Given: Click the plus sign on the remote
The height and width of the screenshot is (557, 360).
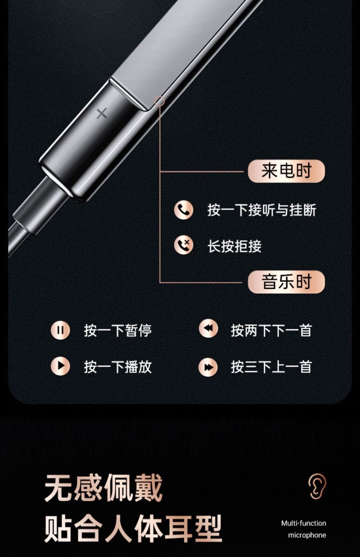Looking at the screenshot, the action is click(102, 114).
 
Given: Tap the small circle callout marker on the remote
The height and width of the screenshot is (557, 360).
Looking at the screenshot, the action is click(159, 101).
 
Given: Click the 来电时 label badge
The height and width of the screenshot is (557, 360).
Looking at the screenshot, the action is click(286, 171).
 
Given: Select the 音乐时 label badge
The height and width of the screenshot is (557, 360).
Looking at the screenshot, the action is click(286, 282).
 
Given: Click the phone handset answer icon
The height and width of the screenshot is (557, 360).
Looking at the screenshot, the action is click(184, 210).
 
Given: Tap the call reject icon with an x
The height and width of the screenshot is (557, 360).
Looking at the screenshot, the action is click(184, 246).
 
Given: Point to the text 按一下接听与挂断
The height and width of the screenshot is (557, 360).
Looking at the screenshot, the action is click(262, 210).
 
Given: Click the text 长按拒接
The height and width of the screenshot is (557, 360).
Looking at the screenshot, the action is click(234, 246).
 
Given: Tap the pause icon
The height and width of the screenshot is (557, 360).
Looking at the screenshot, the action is click(60, 330).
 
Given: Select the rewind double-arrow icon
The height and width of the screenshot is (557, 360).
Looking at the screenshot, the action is click(208, 328).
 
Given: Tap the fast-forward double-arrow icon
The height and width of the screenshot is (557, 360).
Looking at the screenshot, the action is click(208, 367).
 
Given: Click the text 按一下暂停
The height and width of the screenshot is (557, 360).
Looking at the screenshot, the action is click(118, 330).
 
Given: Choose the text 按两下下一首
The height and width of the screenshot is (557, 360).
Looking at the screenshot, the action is click(271, 330).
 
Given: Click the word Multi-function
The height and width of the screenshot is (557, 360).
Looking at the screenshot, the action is click(304, 521).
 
